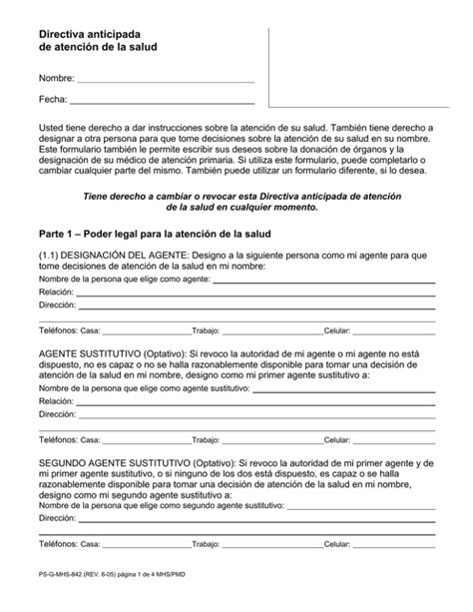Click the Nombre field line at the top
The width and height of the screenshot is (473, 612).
pyautogui.click(x=166, y=81)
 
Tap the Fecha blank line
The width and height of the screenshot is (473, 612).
pyautogui.click(x=161, y=103)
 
